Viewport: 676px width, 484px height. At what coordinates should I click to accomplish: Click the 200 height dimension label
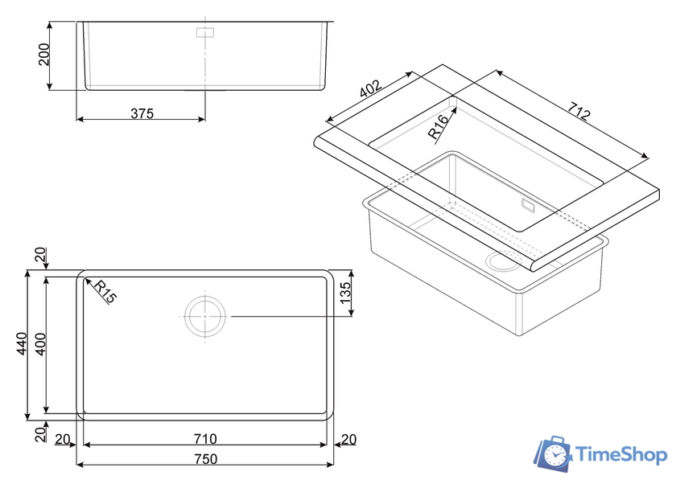44,54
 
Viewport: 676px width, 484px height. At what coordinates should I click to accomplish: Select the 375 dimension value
142,113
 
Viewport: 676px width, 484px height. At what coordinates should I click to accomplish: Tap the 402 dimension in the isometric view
371,89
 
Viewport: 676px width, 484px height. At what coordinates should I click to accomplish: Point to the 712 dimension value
578,111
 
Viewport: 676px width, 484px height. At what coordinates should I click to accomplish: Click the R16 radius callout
438,127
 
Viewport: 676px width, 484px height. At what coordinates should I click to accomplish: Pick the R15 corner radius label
105,292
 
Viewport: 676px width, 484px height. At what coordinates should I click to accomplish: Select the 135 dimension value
346,293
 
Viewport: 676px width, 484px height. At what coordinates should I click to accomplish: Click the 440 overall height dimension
22,343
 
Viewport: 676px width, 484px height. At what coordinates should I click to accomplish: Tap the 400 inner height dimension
40,343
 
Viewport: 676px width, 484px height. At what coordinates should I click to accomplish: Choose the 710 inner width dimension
204,439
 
